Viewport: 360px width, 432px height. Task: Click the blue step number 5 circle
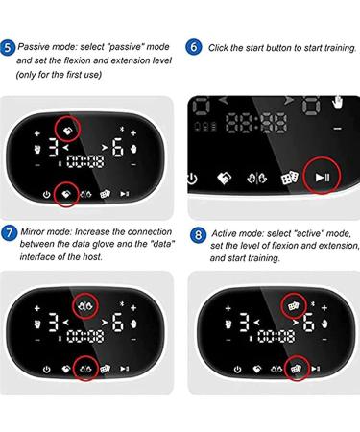[x=8, y=47]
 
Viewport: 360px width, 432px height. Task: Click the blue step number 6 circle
[x=193, y=47]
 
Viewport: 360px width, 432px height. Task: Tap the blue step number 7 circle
[x=9, y=232]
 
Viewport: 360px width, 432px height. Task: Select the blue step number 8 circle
[x=198, y=235]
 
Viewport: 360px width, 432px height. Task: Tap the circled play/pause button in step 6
[x=322, y=177]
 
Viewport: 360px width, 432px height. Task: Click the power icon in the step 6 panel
[x=192, y=179]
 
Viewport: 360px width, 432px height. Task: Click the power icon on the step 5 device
[x=47, y=194]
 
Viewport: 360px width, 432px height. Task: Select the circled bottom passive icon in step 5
[x=66, y=194]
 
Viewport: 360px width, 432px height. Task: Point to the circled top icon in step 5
[x=67, y=131]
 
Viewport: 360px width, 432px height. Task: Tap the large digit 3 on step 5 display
[x=54, y=147]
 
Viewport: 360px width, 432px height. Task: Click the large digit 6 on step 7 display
[x=117, y=323]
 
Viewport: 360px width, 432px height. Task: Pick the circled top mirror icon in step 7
[x=84, y=306]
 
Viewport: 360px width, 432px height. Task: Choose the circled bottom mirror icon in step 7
[x=85, y=369]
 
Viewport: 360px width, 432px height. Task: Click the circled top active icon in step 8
[x=293, y=306]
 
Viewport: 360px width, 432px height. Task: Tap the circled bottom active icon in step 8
[x=296, y=369]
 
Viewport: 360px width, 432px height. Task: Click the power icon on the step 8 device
[x=237, y=370]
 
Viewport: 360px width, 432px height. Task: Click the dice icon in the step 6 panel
[x=290, y=178]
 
